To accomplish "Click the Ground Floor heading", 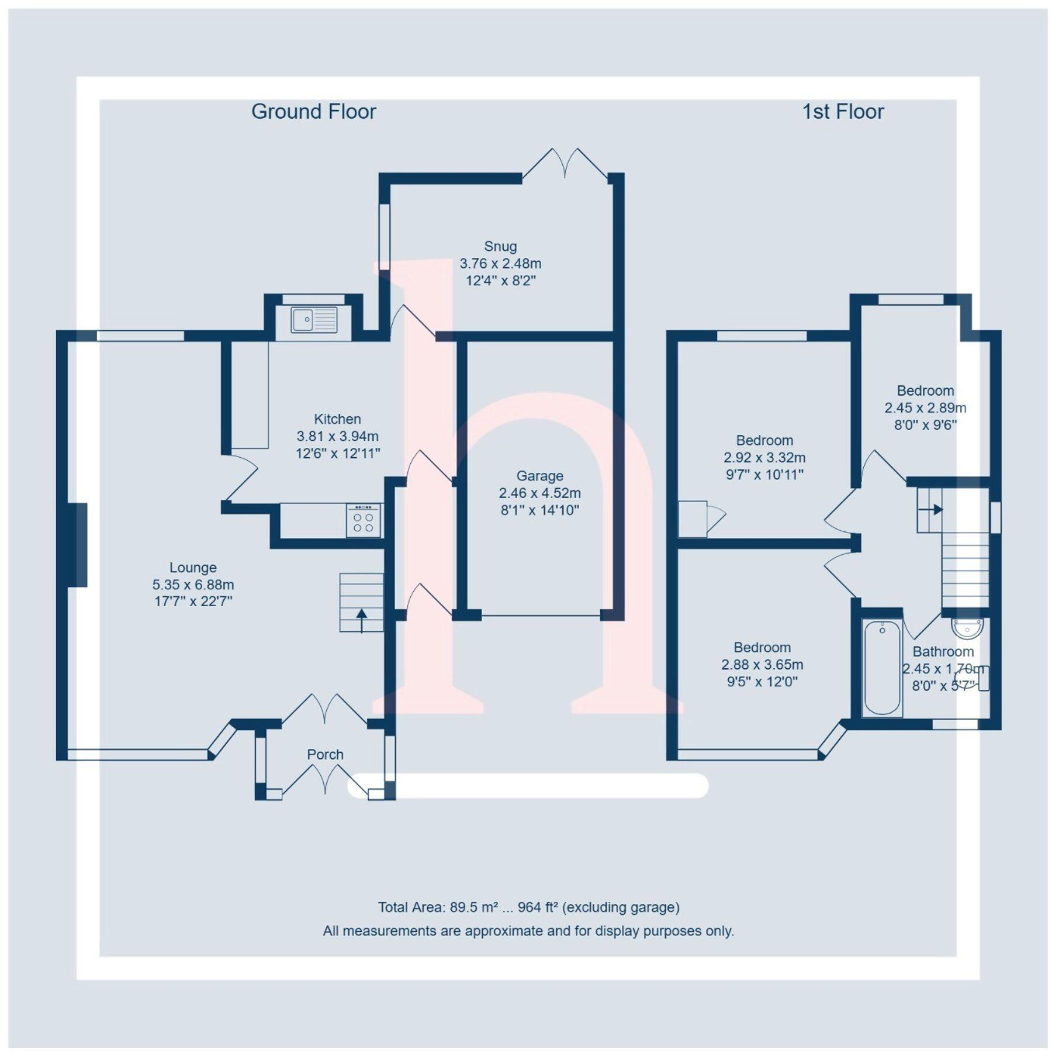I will click(313, 112).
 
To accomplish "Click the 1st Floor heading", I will click(842, 112).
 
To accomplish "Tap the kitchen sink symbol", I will click(314, 320).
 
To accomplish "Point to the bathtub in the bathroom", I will click(882, 668).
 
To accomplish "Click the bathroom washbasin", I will click(967, 629).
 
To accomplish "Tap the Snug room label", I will click(500, 246).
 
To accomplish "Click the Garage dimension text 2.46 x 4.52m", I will click(539, 493).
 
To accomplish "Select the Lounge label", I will click(193, 567).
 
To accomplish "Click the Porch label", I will click(325, 754).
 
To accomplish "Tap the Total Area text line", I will click(528, 907).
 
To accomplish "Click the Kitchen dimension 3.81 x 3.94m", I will click(337, 436).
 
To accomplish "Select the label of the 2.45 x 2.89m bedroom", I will click(925, 391).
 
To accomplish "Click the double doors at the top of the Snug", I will click(565, 163).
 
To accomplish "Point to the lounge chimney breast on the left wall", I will click(78, 544).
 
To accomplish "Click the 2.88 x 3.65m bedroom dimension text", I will click(762, 664).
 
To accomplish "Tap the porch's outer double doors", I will click(325, 777).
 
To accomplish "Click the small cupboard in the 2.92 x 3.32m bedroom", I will click(693, 519).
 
